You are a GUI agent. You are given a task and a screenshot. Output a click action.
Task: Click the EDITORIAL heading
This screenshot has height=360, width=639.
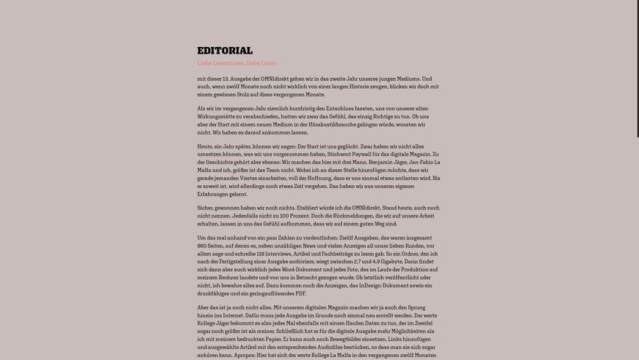click(225, 51)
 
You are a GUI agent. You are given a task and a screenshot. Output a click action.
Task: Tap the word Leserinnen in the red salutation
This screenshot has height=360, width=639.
click(228, 63)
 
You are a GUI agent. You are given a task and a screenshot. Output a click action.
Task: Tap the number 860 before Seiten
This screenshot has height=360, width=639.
click(205, 247)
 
